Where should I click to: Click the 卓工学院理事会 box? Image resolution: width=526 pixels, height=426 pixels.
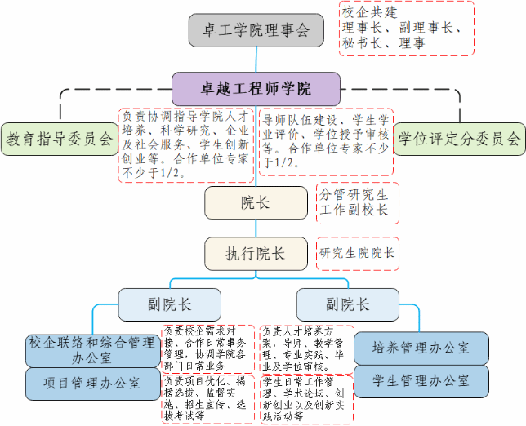click(x=256, y=31)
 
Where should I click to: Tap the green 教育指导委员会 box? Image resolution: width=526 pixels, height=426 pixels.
click(x=59, y=139)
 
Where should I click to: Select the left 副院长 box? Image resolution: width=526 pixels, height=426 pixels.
click(x=169, y=304)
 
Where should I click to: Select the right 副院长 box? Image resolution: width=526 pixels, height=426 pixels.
click(x=347, y=304)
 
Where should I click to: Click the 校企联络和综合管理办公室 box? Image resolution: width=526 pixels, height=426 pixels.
click(x=91, y=349)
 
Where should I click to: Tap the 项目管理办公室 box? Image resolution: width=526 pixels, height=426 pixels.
click(x=91, y=384)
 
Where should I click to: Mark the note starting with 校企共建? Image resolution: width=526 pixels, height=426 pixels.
click(x=406, y=29)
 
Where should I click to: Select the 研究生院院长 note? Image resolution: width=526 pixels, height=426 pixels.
click(x=357, y=254)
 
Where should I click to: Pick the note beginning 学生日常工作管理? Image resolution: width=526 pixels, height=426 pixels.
click(x=306, y=398)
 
